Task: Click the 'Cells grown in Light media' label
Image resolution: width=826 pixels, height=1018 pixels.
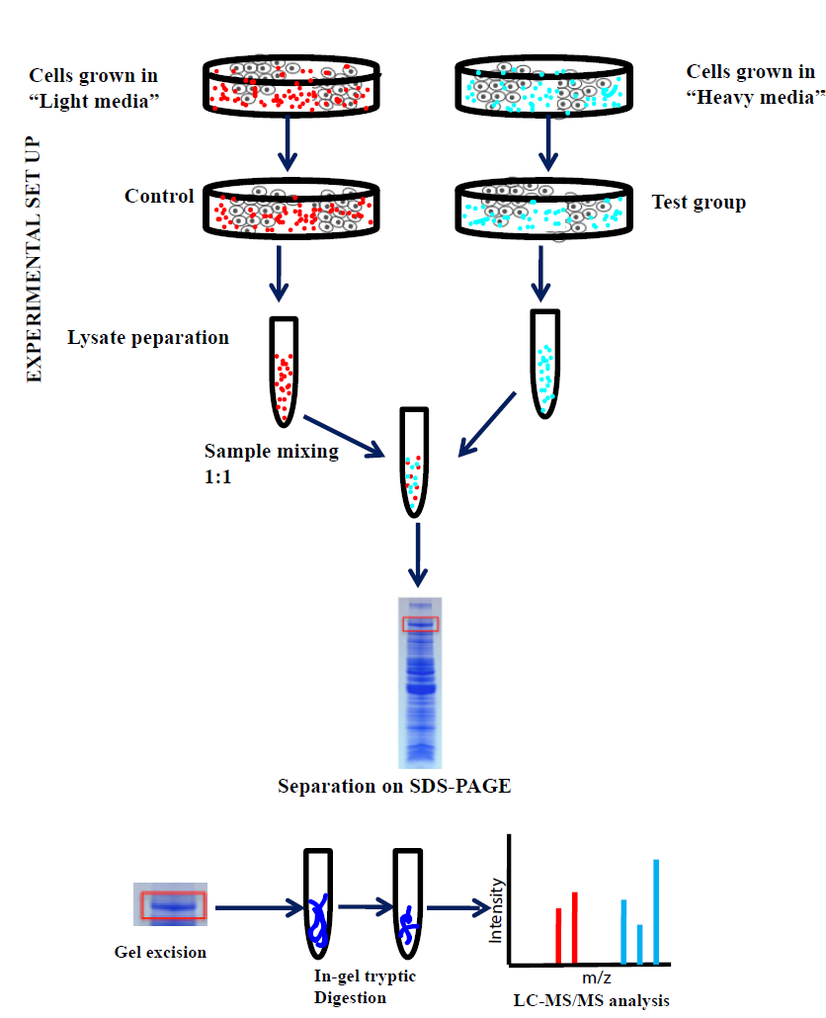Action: (x=94, y=88)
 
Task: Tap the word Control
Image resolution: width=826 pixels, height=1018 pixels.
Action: (x=159, y=196)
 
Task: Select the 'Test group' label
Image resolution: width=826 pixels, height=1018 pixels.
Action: (x=699, y=203)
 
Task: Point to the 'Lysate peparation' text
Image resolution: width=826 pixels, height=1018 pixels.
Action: (x=148, y=338)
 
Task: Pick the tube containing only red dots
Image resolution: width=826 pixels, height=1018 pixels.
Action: (x=284, y=372)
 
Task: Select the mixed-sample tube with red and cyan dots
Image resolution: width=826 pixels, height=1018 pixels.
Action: (x=413, y=462)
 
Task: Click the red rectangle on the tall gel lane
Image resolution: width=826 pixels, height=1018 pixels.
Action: (x=419, y=624)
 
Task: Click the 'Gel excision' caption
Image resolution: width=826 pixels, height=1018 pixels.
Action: (x=160, y=953)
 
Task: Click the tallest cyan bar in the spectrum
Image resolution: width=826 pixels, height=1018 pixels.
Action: (x=656, y=911)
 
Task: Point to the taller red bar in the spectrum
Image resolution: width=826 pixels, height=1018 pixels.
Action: (x=574, y=928)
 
